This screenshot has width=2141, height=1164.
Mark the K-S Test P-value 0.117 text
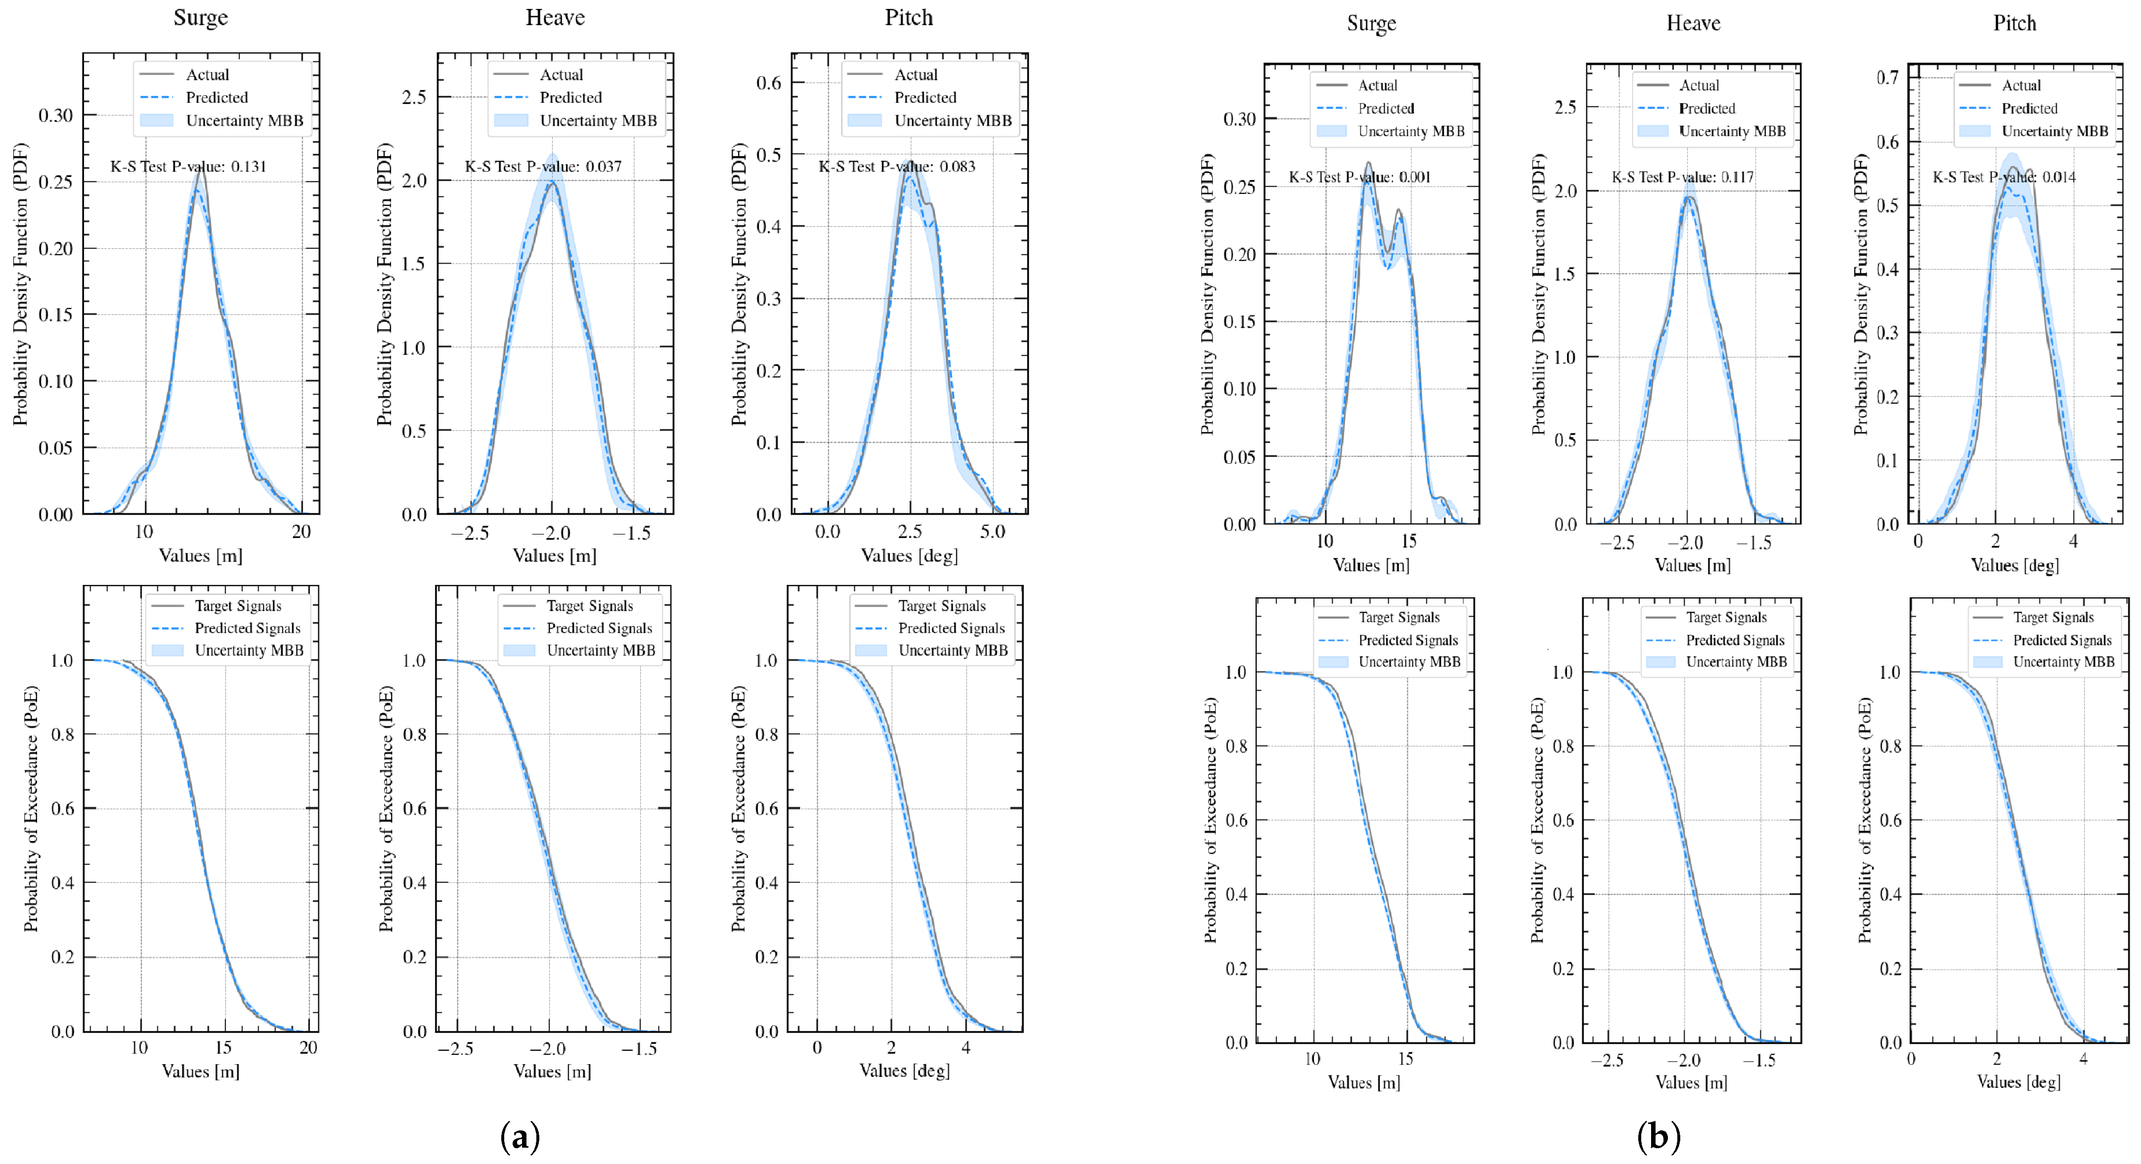[x=1682, y=177]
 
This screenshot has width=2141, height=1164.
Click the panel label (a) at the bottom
[x=520, y=1136]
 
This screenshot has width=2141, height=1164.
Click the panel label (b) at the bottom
[x=1658, y=1136]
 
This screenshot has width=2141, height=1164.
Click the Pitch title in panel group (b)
[x=2014, y=23]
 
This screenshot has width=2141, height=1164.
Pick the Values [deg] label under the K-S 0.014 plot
[x=2014, y=565]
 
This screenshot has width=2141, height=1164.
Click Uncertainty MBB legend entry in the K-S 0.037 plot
[x=598, y=121]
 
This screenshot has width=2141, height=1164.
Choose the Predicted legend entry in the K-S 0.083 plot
[x=924, y=97]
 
